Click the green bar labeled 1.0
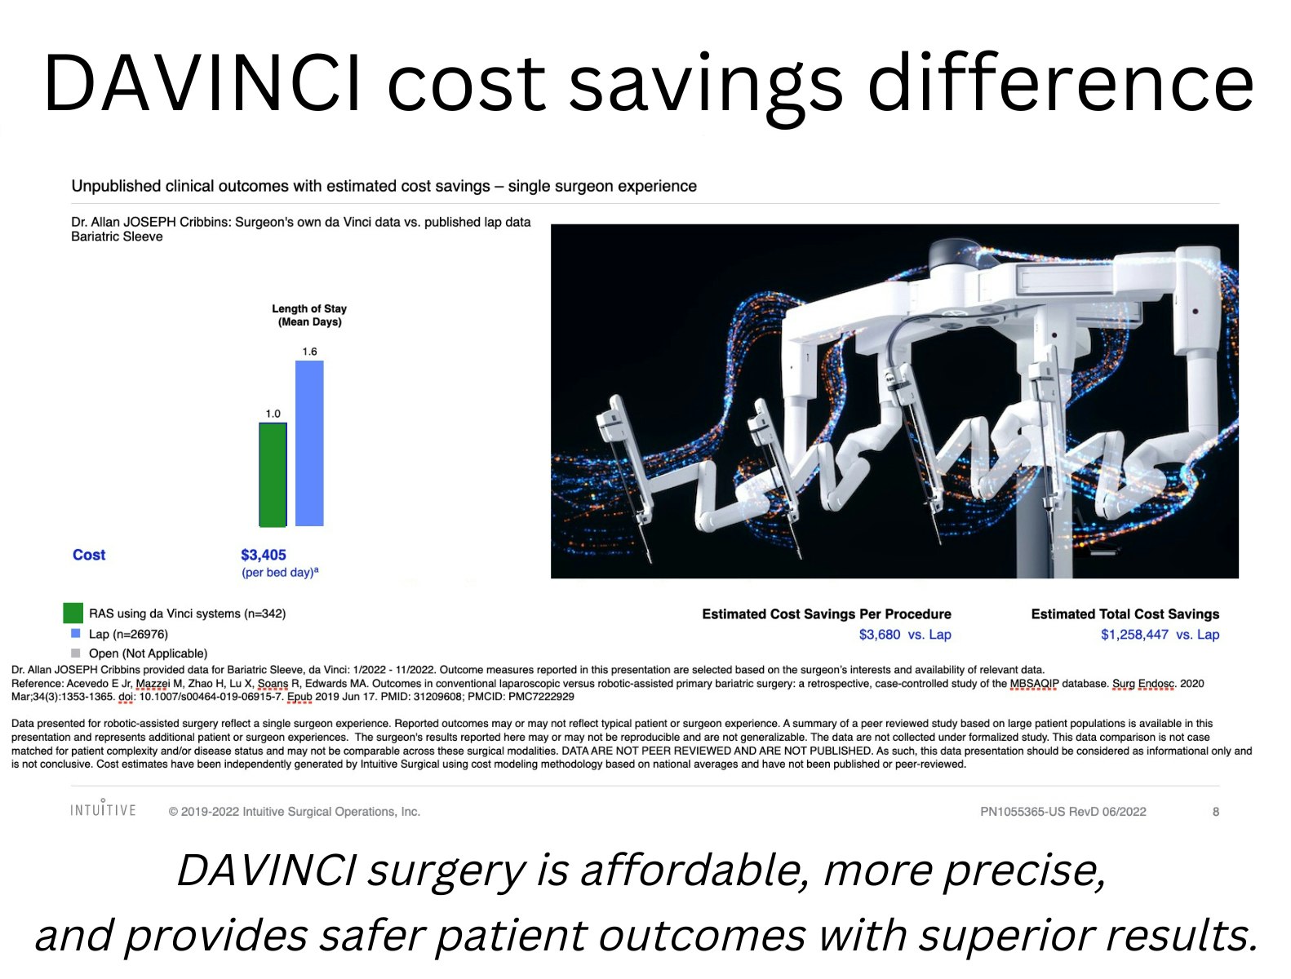273,475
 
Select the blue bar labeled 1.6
309,443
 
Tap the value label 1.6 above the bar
309,352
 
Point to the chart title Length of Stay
309,308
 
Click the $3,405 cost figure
264,555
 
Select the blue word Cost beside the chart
89,555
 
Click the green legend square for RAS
73,613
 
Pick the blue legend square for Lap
75,633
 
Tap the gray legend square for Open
75,653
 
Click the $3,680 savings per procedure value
879,635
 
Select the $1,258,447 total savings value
1134,635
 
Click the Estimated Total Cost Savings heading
1125,614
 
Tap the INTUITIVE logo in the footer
103,809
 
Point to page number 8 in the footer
1216,812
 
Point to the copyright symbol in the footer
173,812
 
